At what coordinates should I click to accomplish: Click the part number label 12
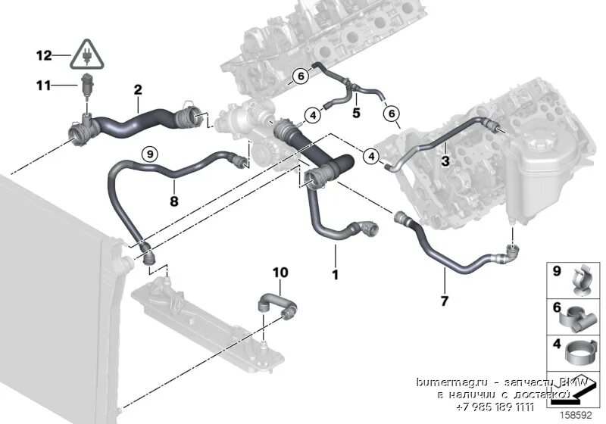[43, 55]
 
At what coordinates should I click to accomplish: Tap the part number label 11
[43, 85]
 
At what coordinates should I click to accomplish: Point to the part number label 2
[137, 90]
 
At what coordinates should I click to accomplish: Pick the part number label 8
[173, 202]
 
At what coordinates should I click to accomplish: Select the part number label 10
[280, 271]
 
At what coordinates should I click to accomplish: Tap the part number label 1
[334, 273]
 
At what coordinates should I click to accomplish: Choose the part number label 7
[445, 300]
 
